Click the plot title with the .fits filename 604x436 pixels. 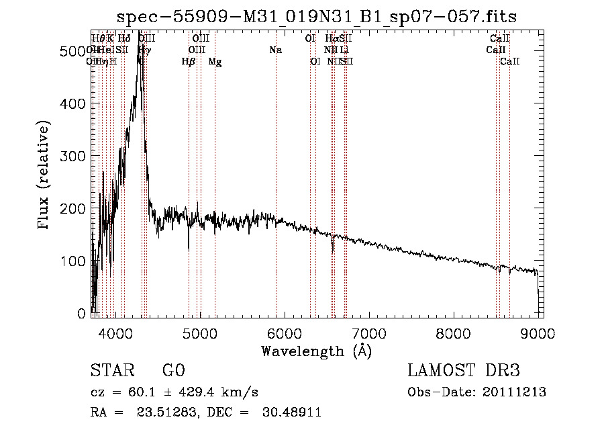(317, 17)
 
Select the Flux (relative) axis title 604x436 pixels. (45, 176)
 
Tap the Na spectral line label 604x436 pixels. (275, 50)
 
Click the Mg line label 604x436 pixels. (215, 62)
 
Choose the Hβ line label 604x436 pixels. (189, 62)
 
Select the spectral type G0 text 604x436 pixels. (173, 371)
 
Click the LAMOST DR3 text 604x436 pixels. (463, 371)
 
